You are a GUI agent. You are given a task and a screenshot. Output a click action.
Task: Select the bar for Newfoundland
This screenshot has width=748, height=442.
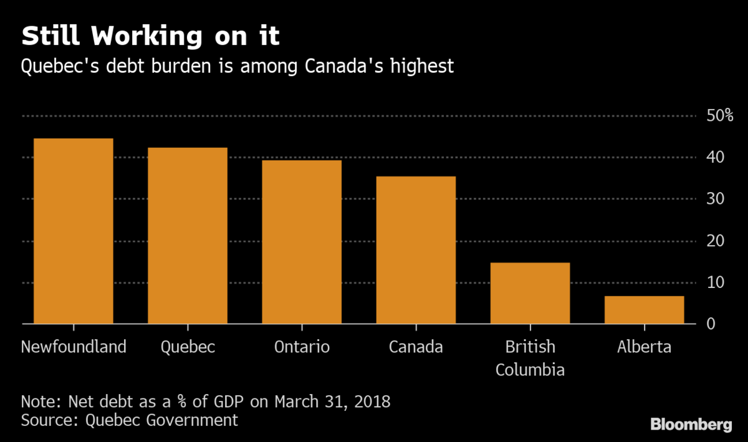point(74,231)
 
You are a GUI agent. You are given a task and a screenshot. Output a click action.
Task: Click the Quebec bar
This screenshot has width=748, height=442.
point(188,236)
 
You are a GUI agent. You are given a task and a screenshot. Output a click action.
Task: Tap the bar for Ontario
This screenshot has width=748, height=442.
point(302,242)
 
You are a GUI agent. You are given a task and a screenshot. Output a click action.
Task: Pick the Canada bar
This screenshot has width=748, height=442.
point(416,250)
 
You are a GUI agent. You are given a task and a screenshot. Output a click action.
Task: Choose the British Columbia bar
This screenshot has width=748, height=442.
point(530,293)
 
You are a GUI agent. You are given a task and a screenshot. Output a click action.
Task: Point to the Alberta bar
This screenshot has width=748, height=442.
point(644,310)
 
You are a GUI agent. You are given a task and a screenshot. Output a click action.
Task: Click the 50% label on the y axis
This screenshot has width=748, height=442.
point(719,116)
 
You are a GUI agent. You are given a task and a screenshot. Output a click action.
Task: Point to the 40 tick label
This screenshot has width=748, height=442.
point(714,158)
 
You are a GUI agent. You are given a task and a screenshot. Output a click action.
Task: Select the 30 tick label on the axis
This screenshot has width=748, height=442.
point(714,199)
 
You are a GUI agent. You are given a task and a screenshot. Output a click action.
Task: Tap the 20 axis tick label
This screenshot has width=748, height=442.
point(714,241)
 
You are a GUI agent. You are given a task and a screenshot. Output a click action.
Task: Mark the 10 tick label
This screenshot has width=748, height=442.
point(714,283)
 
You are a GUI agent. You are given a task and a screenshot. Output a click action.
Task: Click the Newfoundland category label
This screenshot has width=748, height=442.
point(74,347)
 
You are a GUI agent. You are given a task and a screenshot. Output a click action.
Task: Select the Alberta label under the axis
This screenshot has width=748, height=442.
point(644,347)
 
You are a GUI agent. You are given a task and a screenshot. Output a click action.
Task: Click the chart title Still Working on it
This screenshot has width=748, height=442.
point(150,37)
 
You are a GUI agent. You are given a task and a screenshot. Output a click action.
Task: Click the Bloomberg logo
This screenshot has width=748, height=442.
point(691,425)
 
